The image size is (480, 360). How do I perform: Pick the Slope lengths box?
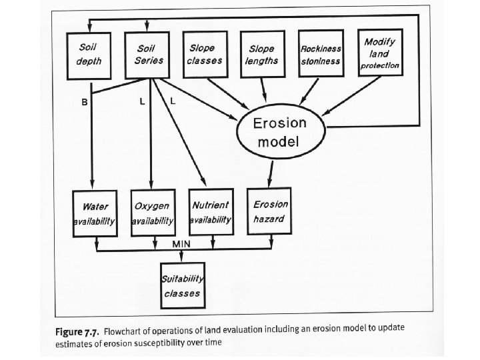(262, 55)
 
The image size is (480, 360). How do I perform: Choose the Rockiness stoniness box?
(321, 55)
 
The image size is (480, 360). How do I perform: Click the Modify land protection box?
(379, 53)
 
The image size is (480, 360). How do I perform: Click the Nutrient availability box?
(211, 211)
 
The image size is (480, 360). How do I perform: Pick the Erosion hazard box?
(270, 211)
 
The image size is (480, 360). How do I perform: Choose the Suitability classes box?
(182, 285)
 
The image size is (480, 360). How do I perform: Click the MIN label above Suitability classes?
(182, 244)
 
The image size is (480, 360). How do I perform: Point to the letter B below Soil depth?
(85, 102)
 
